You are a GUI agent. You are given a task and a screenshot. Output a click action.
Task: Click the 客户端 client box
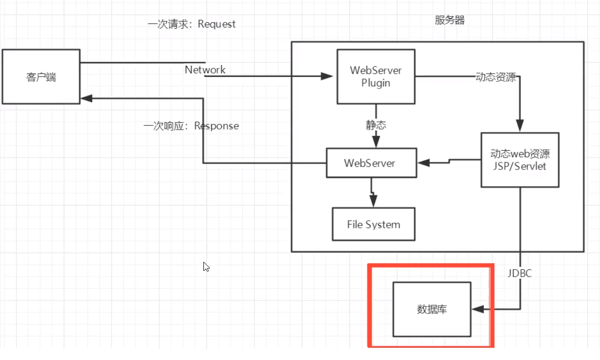coord(41,77)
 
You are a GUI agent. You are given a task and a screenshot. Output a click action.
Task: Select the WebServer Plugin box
coord(376,76)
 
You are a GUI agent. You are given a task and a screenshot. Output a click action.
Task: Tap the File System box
coord(373,224)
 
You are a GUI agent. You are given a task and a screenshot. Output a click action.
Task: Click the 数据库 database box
coord(432,309)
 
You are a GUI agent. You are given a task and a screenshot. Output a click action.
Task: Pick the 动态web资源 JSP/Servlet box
coord(520,160)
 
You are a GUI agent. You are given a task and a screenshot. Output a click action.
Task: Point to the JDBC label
coord(520,273)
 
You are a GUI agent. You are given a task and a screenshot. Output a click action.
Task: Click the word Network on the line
coord(205,70)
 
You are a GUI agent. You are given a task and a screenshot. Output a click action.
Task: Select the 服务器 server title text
coord(450,20)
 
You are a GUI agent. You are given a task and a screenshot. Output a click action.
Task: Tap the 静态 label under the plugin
coord(376,125)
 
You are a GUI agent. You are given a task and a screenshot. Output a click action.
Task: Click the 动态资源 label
coord(496,77)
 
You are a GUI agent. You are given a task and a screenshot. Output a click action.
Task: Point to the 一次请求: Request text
coord(192,24)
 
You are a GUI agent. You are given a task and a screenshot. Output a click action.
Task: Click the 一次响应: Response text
coord(191,126)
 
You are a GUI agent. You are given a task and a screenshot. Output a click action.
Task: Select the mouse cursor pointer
coord(206,267)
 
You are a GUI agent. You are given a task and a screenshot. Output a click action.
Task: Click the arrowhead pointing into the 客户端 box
coord(87,98)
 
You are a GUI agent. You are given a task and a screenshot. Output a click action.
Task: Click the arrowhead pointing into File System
coord(373,201)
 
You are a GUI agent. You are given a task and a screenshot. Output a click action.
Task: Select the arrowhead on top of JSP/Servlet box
coord(520,127)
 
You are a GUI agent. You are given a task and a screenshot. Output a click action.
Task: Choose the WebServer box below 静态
coord(370,163)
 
